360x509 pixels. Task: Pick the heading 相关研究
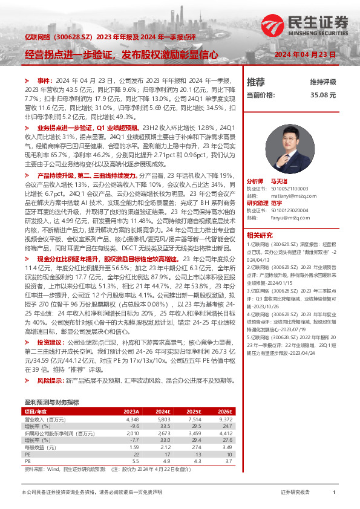258,235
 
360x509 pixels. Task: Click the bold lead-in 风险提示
51,380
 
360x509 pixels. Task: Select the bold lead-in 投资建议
51,342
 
